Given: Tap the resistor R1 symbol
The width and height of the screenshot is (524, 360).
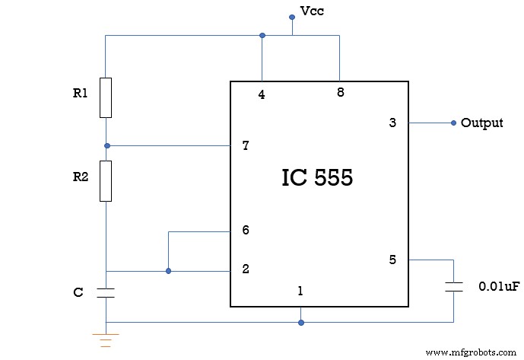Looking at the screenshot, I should (x=106, y=97).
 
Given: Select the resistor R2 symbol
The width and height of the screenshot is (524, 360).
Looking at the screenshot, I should (x=106, y=180).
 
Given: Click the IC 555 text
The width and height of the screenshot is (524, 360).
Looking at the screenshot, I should (x=317, y=178).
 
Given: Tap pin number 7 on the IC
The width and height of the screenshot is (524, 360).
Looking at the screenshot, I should (x=245, y=145).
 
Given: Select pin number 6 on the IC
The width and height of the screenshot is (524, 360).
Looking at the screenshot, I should (x=245, y=230).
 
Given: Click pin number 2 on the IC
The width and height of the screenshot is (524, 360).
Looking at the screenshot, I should (x=245, y=269).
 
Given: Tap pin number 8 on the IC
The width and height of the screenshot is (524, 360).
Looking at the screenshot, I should (x=340, y=92).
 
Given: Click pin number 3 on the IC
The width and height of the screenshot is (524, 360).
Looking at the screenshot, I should (x=392, y=123).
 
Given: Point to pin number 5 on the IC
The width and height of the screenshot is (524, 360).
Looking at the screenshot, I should (x=392, y=260).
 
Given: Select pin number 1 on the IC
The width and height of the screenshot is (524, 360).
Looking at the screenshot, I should (x=300, y=291).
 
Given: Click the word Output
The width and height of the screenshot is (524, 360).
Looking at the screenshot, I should (x=481, y=123).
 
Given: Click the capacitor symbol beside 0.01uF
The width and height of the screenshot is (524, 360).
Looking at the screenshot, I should (x=454, y=286).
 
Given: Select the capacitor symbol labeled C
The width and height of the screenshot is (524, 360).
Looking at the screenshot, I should (x=106, y=292).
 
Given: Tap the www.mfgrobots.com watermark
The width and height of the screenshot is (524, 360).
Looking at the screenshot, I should (x=472, y=352).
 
